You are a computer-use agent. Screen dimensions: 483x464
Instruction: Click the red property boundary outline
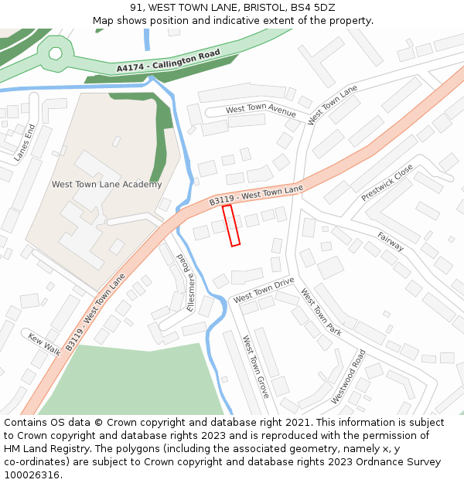[x=231, y=226]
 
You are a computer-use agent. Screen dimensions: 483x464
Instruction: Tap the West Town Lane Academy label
[x=107, y=185]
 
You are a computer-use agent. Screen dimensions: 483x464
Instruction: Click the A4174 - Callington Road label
[x=169, y=62]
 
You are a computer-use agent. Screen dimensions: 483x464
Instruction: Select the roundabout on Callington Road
[x=55, y=53]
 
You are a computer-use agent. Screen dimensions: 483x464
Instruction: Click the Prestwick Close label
[x=387, y=182]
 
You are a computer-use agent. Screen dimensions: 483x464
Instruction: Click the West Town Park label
[x=321, y=312]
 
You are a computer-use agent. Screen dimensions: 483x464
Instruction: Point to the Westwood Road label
[x=348, y=376]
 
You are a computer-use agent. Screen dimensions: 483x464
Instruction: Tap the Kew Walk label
[x=44, y=344]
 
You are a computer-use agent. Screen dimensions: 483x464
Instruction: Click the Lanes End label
[x=25, y=142]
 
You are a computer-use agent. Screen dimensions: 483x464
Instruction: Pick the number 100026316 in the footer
[x=31, y=475]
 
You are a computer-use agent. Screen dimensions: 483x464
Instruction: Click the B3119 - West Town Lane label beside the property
[x=256, y=194]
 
